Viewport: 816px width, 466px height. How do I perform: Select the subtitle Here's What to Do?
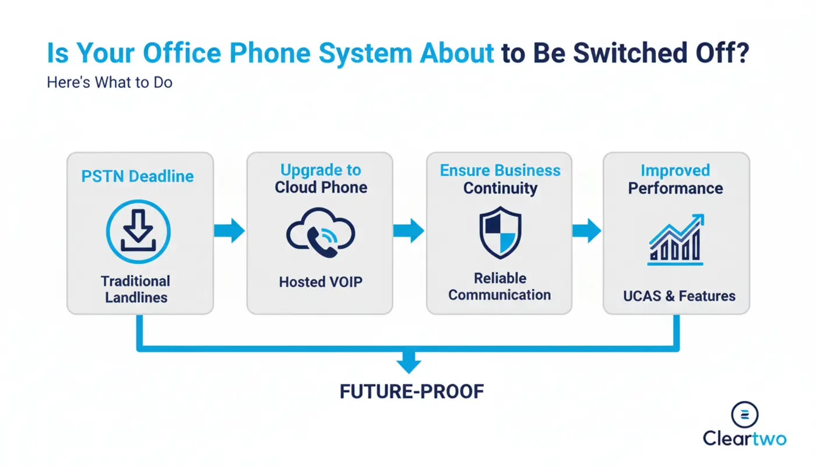click(x=110, y=83)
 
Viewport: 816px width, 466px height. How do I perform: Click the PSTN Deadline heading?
click(x=138, y=176)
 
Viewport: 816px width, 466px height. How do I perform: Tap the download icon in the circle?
click(x=138, y=231)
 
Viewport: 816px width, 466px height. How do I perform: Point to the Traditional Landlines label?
click(x=136, y=289)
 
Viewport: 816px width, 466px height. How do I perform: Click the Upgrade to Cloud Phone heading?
click(x=321, y=179)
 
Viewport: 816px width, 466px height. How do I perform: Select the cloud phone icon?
click(x=321, y=234)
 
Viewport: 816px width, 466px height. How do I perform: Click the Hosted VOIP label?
click(x=321, y=282)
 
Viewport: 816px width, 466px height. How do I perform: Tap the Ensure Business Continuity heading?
click(x=500, y=179)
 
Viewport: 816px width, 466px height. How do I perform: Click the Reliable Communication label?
click(x=500, y=287)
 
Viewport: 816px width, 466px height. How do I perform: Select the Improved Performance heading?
click(x=676, y=179)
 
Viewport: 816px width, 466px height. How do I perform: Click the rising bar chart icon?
click(x=676, y=240)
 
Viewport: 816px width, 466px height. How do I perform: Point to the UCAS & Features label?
click(x=679, y=296)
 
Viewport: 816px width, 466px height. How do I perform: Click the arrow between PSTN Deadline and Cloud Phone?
click(x=230, y=231)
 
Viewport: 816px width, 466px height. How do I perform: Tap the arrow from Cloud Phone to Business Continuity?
click(x=409, y=231)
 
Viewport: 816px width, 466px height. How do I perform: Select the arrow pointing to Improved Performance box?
click(x=586, y=231)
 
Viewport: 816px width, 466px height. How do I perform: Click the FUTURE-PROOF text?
click(x=411, y=391)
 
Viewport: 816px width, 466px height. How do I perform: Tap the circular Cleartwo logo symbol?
click(x=745, y=414)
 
